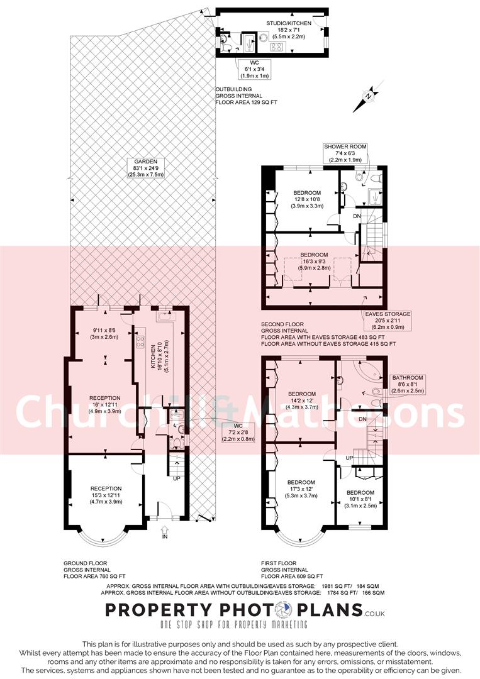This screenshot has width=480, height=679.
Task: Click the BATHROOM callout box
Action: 408,384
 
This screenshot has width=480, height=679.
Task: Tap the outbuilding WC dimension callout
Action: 255,69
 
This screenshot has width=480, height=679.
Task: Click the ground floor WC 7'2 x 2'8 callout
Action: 238,433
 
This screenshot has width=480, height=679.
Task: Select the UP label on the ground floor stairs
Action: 177,478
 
